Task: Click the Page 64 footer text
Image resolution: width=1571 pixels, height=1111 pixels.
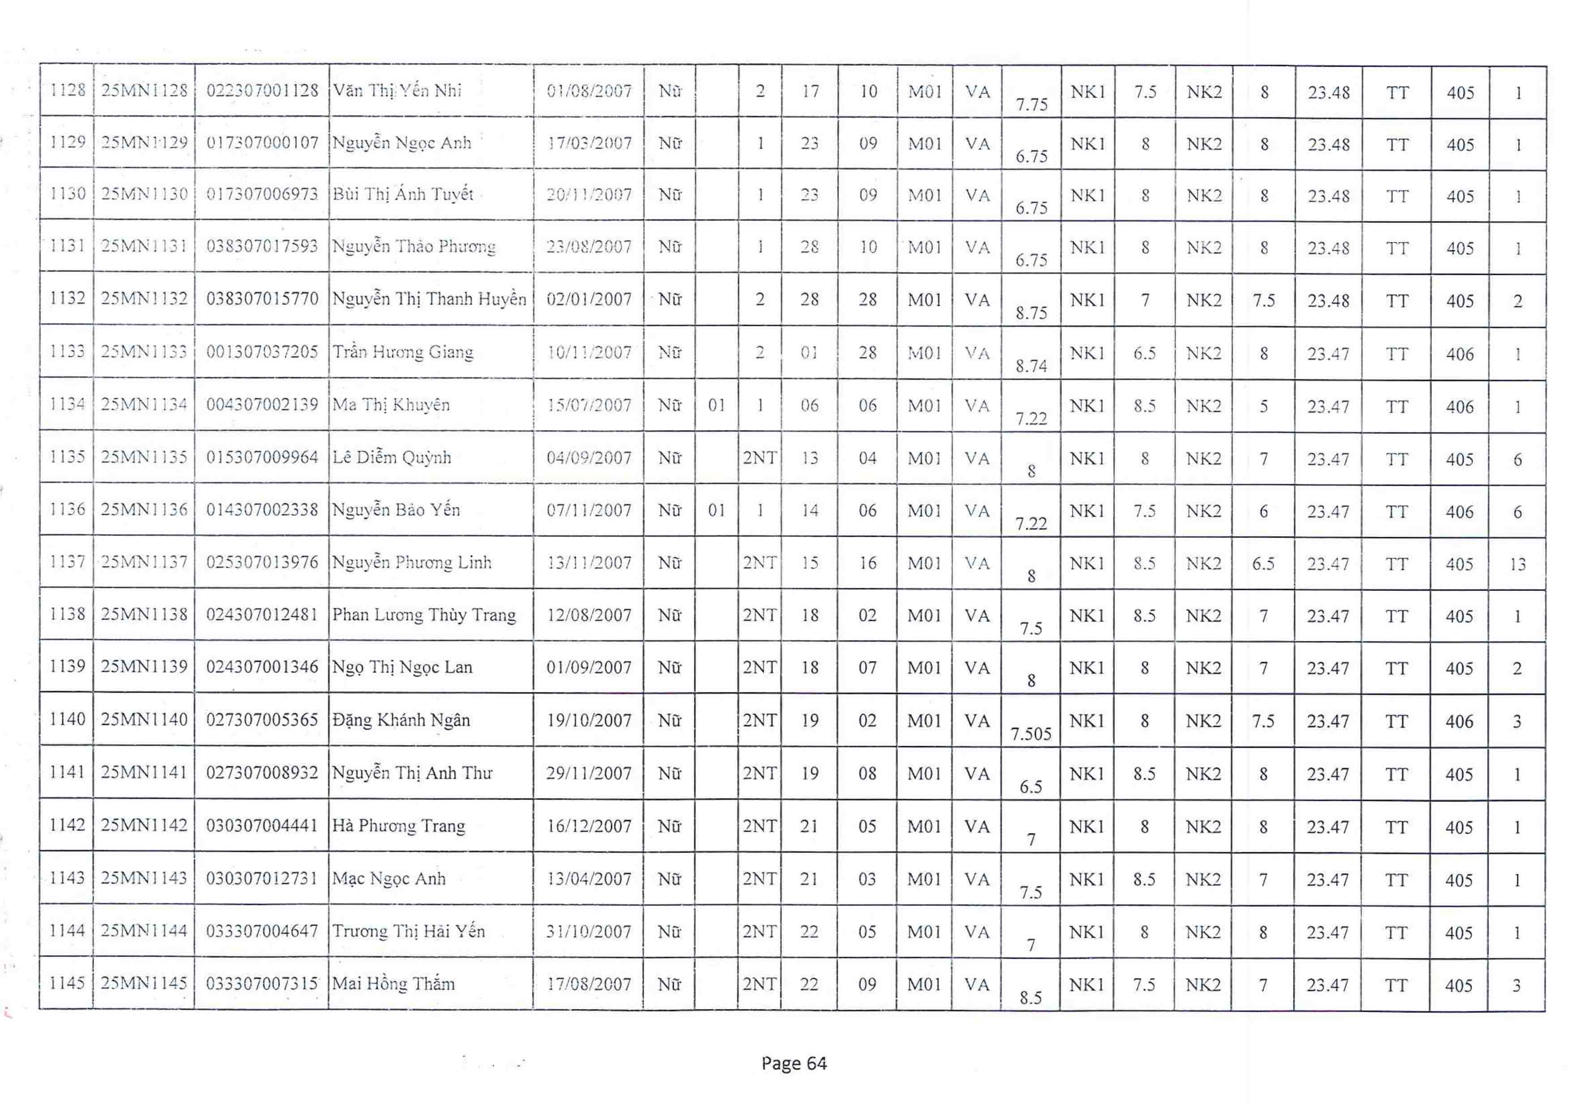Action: point(794,1063)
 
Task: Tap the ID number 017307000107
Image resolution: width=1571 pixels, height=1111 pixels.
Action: point(262,142)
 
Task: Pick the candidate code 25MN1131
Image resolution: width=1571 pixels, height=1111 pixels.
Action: point(144,246)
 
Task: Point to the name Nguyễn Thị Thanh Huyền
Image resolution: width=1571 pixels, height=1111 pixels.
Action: point(429,299)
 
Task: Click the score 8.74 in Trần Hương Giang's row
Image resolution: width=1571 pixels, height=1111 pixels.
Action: point(1031,366)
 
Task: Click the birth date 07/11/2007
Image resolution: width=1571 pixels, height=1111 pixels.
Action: point(588,510)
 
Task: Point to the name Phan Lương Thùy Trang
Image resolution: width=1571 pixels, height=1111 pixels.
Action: point(424,615)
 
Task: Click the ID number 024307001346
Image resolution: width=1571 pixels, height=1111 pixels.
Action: point(262,667)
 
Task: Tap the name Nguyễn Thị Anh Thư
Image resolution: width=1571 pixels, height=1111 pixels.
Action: point(412,773)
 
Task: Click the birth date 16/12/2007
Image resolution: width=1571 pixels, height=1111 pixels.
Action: point(588,826)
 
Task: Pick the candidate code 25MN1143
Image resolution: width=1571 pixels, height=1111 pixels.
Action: point(144,878)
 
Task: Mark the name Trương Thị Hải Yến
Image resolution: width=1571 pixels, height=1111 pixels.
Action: point(408,931)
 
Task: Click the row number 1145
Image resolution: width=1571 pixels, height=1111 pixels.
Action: point(67,983)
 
